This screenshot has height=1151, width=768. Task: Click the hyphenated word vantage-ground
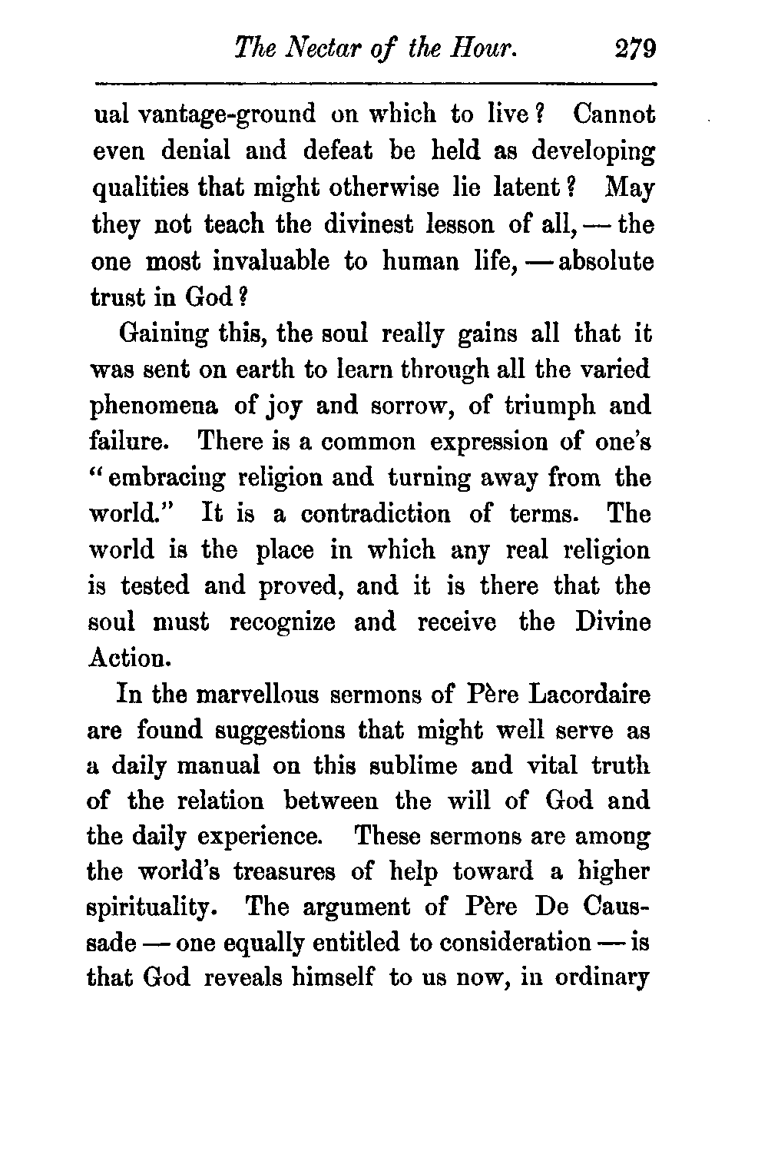(227, 114)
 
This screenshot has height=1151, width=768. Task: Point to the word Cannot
(614, 114)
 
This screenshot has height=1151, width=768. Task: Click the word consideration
(505, 944)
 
